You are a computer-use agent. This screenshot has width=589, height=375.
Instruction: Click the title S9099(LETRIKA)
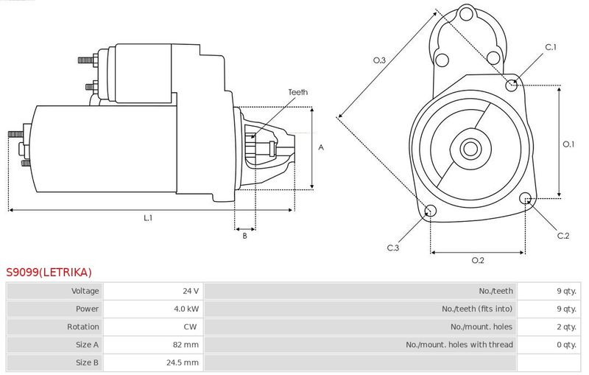[49, 272]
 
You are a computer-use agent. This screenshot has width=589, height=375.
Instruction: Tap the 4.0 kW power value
[186, 309]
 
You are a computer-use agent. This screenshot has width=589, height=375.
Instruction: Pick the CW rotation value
[190, 326]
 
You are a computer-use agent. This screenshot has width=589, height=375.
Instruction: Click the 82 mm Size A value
[186, 345]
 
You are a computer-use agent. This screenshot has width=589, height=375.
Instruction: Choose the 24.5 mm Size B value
[183, 362]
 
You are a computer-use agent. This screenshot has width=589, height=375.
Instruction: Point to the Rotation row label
[83, 326]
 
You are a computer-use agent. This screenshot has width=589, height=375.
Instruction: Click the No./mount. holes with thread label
[459, 345]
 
